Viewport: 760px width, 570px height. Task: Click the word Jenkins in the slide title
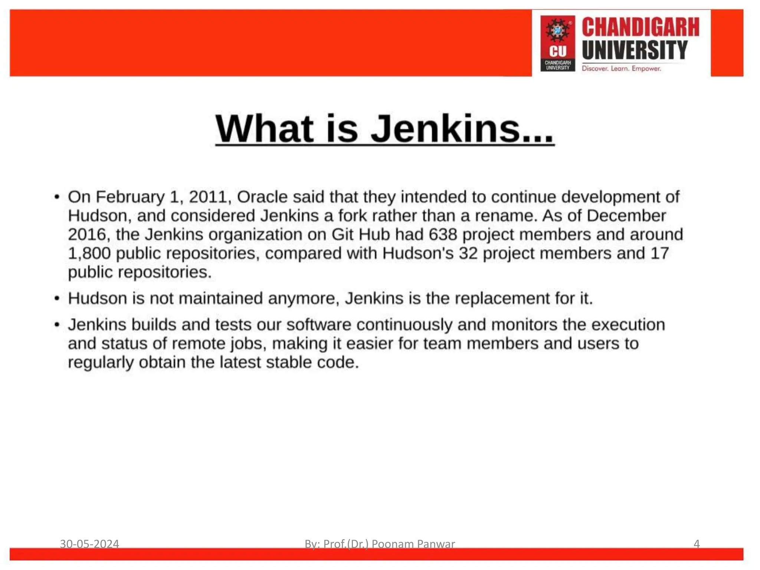(x=445, y=128)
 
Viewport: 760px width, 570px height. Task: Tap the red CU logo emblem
(x=557, y=43)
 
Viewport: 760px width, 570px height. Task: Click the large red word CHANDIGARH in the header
(x=640, y=27)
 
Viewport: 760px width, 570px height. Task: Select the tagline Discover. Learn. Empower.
(x=621, y=69)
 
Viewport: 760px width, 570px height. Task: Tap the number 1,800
(x=89, y=253)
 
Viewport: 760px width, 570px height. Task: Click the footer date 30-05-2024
(x=89, y=544)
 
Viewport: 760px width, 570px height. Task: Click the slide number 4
(x=697, y=544)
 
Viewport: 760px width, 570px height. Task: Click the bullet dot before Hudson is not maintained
(x=57, y=299)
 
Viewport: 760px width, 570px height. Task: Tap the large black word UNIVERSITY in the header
(x=635, y=50)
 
